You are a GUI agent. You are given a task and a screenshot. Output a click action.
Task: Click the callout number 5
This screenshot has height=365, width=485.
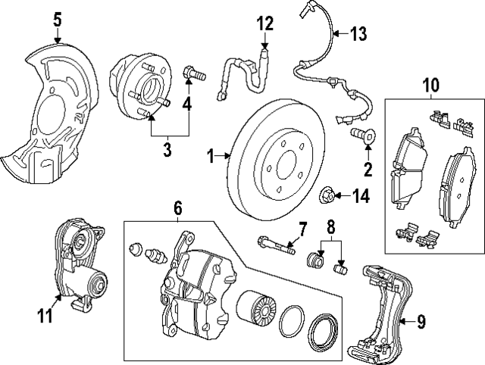point(58,19)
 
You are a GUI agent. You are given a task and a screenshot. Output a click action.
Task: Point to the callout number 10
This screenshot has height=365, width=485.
point(430,84)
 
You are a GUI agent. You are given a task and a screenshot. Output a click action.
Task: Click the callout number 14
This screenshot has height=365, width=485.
point(360,196)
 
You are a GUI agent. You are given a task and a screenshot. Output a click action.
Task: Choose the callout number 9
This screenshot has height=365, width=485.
point(421,322)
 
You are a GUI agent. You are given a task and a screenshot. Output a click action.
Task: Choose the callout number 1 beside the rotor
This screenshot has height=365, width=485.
point(212,157)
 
